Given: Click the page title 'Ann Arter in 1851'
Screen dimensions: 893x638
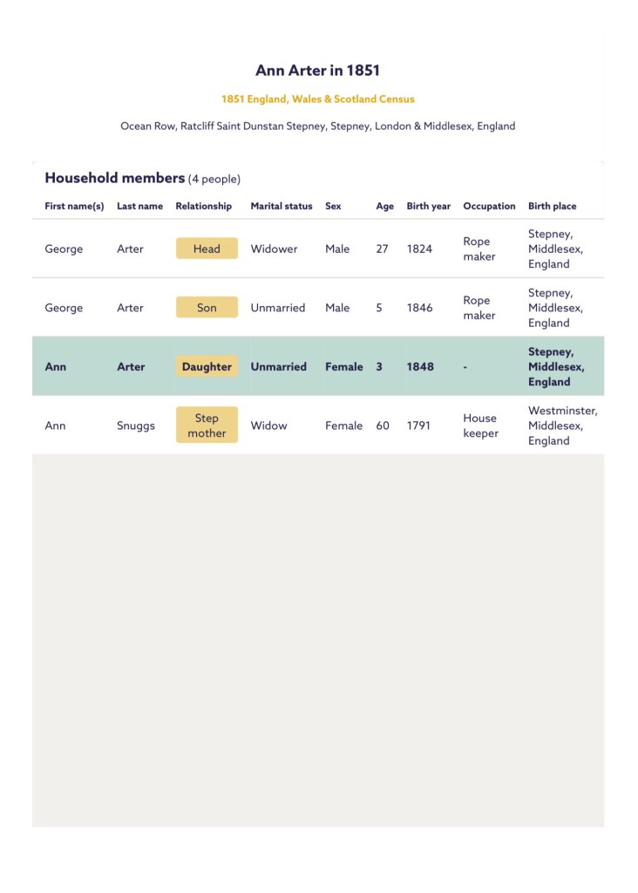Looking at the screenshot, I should [x=317, y=71].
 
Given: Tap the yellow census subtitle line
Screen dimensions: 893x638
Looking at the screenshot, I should [x=317, y=99].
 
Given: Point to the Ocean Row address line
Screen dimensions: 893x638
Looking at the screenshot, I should [x=317, y=126].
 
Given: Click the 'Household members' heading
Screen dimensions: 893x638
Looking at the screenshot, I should [x=114, y=178].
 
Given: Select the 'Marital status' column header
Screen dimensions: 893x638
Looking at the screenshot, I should [x=281, y=207].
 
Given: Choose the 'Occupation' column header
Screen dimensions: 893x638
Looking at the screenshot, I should [x=489, y=207].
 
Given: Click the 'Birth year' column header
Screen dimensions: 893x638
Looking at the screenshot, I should [x=428, y=207].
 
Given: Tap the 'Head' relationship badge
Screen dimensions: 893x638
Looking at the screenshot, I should [x=207, y=249].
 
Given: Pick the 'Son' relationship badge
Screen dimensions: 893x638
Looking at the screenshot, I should [x=207, y=308].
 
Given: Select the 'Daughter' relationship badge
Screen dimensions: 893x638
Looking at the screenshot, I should [x=207, y=367].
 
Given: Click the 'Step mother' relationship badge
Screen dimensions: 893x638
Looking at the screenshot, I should [x=207, y=426].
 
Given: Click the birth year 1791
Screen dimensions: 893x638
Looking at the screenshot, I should [x=418, y=426].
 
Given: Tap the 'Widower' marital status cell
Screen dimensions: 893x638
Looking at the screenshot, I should [x=274, y=249].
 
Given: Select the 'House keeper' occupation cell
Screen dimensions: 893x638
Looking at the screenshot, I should [x=480, y=426].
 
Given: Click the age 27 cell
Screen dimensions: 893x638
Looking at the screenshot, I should [x=382, y=249].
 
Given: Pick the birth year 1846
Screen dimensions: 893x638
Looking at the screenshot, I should [x=419, y=308].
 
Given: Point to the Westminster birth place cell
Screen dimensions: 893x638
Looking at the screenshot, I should [x=562, y=426].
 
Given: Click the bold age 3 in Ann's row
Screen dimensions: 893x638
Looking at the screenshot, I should [x=379, y=367].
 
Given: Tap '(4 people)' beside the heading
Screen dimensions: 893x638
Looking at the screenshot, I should [x=214, y=179].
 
